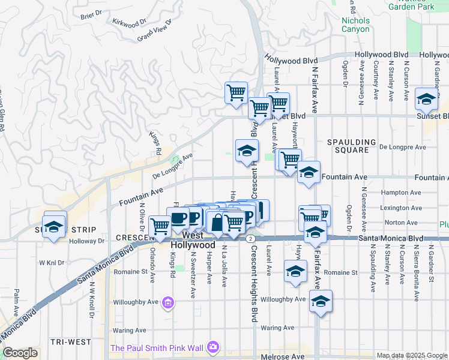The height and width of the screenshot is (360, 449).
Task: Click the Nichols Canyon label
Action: [355, 25]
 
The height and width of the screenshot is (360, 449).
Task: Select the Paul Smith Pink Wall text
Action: [157, 347]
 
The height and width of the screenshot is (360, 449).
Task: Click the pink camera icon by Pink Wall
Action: [212, 347]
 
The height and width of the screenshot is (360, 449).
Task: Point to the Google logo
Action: [20, 353]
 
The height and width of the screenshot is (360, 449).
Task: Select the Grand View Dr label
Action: [154, 30]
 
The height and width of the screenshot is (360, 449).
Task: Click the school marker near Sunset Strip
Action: [54, 227]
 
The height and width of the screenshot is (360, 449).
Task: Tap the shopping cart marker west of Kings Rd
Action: [160, 226]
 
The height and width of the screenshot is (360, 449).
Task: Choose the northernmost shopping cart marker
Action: [236, 92]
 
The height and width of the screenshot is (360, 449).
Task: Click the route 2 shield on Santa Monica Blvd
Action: [249, 238]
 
